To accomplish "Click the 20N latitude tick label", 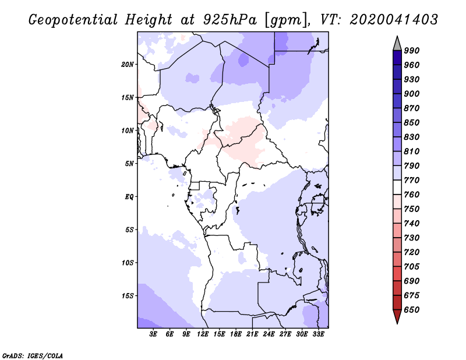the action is click(x=128, y=65).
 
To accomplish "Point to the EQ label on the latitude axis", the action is click(x=129, y=197).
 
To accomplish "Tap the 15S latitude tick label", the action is click(x=128, y=296).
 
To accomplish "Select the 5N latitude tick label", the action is click(x=129, y=164).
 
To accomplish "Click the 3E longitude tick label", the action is click(x=153, y=334).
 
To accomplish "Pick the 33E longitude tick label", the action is click(x=318, y=334).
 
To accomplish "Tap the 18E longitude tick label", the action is click(x=236, y=334).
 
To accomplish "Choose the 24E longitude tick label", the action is click(x=269, y=334).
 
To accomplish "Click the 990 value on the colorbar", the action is click(x=412, y=51).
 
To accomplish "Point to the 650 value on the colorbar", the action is click(x=412, y=310).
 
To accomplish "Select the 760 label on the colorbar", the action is click(x=412, y=195).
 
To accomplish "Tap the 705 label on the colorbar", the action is click(x=412, y=266).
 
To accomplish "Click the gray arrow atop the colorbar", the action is click(x=397, y=44).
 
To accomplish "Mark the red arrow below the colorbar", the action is click(x=397, y=316).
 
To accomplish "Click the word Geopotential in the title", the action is click(x=73, y=20).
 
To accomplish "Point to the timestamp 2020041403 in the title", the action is click(x=394, y=20).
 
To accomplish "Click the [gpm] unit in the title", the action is click(x=286, y=20).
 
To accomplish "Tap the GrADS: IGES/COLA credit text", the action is click(x=33, y=356).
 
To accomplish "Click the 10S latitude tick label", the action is click(x=128, y=263).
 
